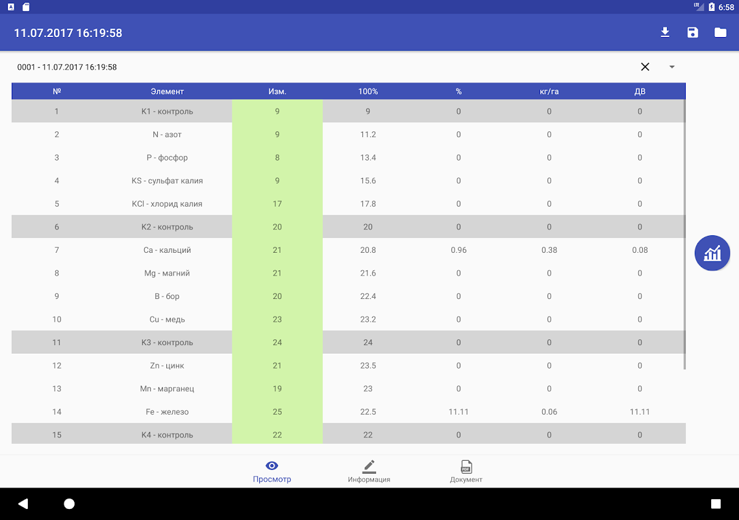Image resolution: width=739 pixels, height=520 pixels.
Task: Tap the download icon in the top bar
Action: (665, 32)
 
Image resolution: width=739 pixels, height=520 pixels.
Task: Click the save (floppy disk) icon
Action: (693, 32)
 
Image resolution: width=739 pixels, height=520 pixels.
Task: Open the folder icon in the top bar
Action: (720, 32)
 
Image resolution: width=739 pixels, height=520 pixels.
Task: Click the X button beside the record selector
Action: (645, 67)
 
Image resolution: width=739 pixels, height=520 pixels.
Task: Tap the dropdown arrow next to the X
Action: (672, 67)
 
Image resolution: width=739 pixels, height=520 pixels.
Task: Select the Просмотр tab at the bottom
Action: (272, 471)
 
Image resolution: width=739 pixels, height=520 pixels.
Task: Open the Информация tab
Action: (369, 471)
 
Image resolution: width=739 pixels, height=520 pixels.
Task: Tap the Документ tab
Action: (466, 471)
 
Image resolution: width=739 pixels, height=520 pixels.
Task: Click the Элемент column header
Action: (167, 92)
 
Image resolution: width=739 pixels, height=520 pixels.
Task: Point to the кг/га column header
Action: (549, 92)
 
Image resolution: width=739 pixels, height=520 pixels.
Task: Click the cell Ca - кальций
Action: (167, 250)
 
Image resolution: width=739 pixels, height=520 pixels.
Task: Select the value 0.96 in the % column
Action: (458, 250)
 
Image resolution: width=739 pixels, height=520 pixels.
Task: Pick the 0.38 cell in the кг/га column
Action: (549, 250)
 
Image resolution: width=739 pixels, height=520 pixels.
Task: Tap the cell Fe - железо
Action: (167, 412)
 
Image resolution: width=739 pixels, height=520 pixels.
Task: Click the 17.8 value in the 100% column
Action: (368, 204)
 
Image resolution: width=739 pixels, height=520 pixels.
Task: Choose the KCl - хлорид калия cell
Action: (167, 204)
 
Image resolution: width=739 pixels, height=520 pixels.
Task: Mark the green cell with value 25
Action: (277, 412)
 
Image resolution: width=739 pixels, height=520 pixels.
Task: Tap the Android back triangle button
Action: (23, 504)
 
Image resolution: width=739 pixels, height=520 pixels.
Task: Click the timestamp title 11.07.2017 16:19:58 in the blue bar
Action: (68, 33)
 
